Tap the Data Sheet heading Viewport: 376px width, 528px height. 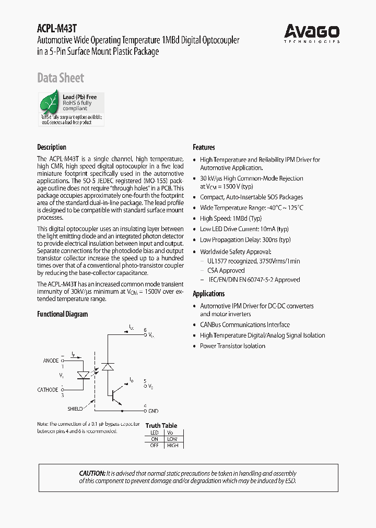[x=60, y=78]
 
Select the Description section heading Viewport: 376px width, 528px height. [x=51, y=147]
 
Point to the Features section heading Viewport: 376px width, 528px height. [x=204, y=147]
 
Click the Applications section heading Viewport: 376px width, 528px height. [x=208, y=294]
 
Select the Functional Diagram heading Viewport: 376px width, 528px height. [x=62, y=314]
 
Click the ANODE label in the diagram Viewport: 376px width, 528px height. [x=51, y=361]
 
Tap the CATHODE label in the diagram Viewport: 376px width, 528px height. [x=48, y=390]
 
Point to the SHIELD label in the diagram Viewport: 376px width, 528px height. [x=75, y=409]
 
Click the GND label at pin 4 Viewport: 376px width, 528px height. [x=154, y=411]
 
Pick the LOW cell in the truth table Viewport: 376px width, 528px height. [x=172, y=439]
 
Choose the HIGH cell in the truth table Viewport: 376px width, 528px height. [x=172, y=445]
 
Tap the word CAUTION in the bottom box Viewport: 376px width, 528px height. [x=92, y=473]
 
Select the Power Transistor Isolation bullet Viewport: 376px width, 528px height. [x=232, y=346]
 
